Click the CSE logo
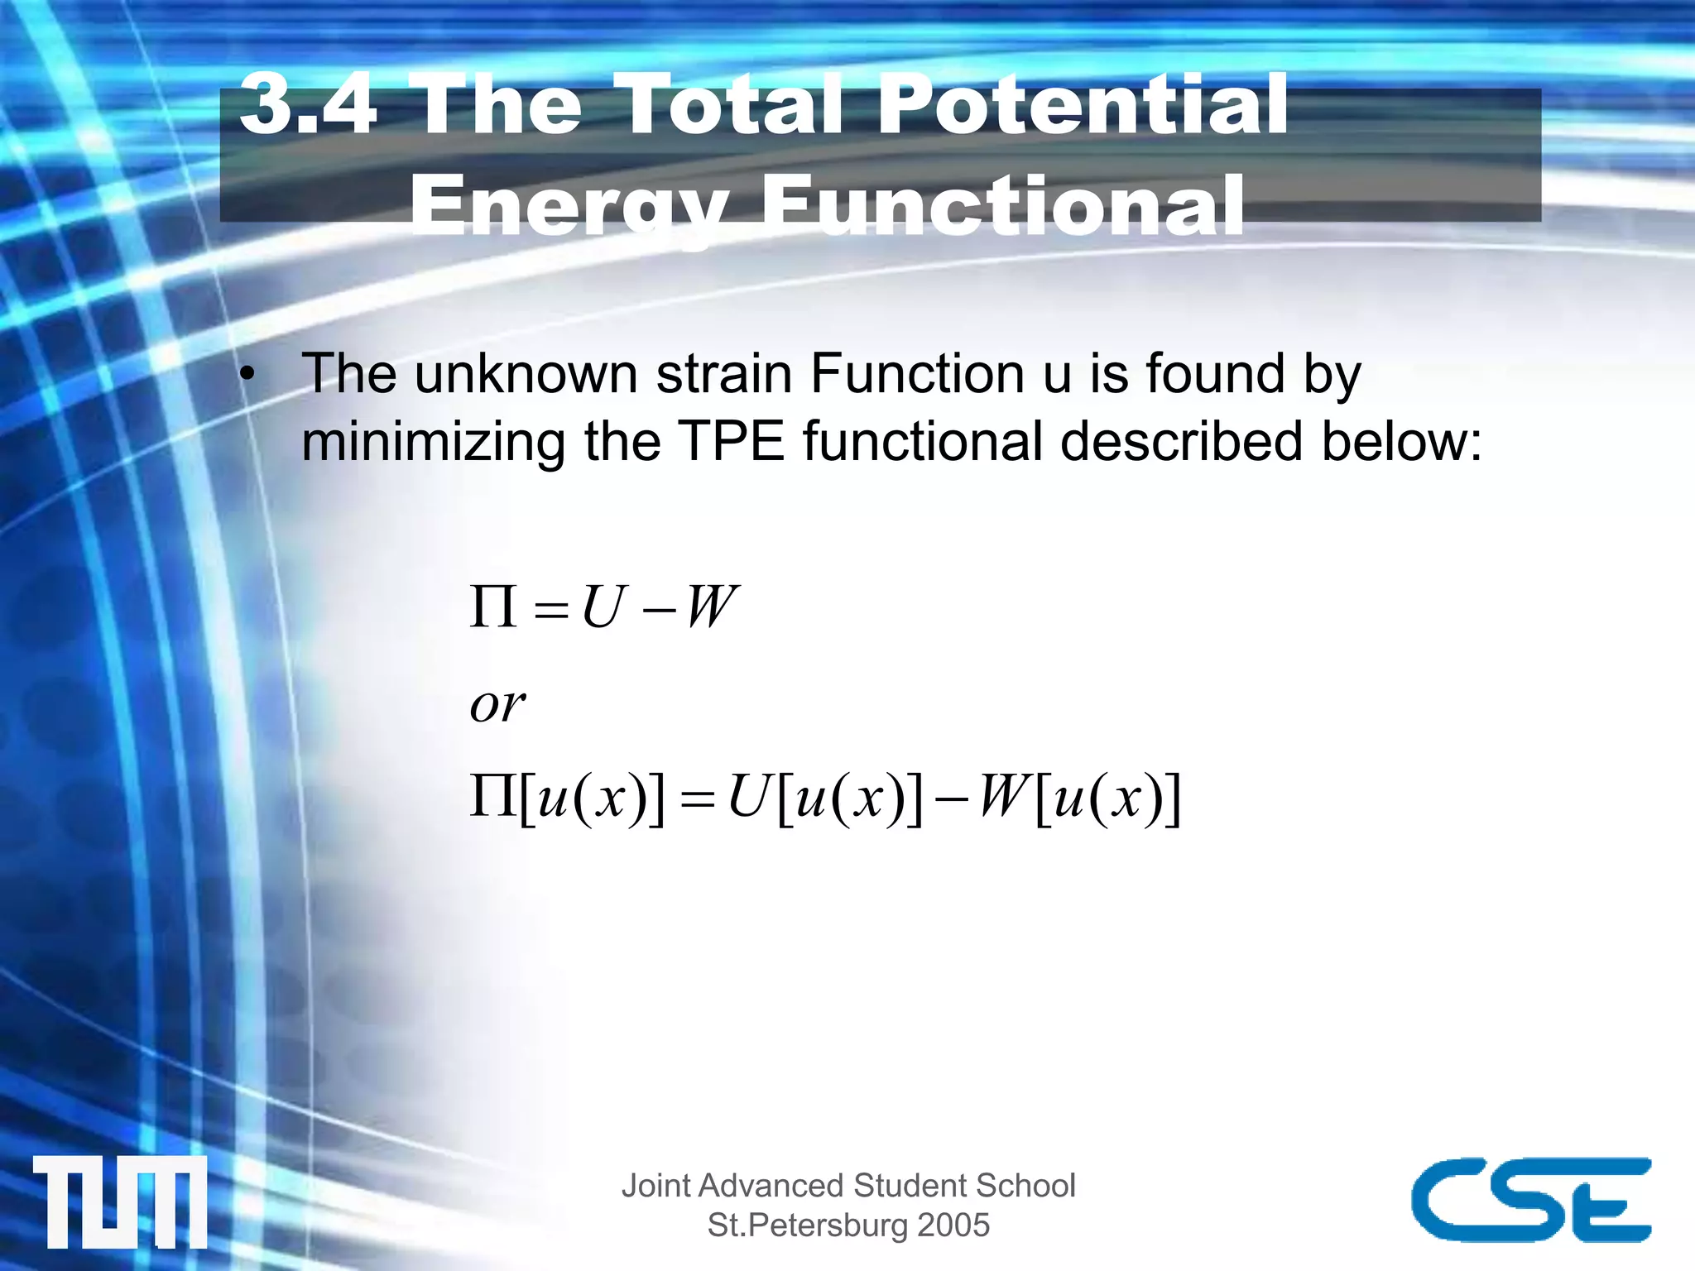coord(1530,1199)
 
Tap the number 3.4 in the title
coord(308,104)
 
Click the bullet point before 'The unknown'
coord(247,376)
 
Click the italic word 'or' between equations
coord(497,705)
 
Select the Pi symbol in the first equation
coord(493,607)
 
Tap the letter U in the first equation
coord(601,607)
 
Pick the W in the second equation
coord(1003,797)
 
